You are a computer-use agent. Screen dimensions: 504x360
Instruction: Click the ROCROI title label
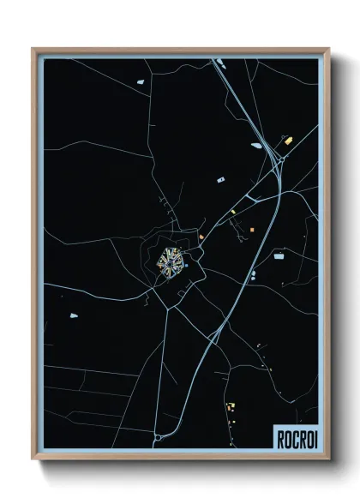point(295,438)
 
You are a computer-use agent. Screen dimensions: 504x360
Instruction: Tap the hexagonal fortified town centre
point(171,261)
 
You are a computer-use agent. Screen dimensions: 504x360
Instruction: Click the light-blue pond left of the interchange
point(256,145)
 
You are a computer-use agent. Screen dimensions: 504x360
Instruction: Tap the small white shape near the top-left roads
point(138,83)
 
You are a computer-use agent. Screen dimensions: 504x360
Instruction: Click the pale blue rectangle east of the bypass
point(279,255)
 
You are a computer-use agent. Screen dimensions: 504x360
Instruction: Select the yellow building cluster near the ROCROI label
point(230,406)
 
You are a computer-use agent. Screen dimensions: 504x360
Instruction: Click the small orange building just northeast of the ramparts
point(201,237)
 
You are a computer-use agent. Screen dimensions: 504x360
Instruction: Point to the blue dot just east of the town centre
point(186,267)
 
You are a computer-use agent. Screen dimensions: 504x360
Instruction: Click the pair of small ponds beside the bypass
point(252,276)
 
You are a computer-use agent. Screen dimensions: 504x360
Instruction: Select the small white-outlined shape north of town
point(221,179)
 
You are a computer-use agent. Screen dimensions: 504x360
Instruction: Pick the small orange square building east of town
point(253,229)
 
